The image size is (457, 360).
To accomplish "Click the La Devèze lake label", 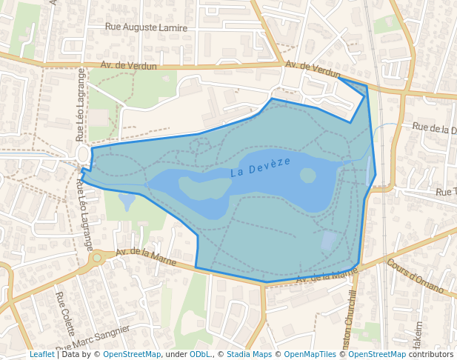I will coord(260,166).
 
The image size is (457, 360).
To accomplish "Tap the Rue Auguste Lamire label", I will coord(146,27).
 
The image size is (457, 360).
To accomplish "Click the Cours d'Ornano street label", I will coord(415,276).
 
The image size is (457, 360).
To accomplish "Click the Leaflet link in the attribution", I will coord(41,354).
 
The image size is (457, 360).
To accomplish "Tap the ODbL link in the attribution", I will coord(200,354).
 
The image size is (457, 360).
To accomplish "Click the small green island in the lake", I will coord(307,176).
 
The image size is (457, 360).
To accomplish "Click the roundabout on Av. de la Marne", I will coord(96,258).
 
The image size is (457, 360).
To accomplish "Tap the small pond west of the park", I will coord(127,200).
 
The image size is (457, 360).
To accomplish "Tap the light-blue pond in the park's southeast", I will coord(329,241).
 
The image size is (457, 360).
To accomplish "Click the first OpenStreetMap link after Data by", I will coord(132,354).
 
